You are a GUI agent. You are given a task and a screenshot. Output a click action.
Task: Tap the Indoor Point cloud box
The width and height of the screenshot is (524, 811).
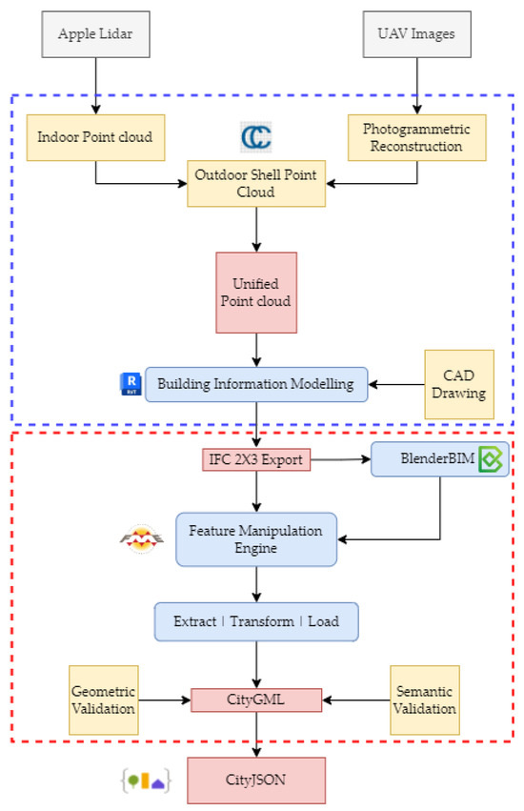coord(95,137)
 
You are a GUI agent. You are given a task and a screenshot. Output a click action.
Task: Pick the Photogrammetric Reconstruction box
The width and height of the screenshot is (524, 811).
coord(417,137)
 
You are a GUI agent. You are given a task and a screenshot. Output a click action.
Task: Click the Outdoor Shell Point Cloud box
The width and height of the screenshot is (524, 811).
coord(254,182)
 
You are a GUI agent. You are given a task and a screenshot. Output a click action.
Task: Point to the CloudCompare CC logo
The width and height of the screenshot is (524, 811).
coord(255,135)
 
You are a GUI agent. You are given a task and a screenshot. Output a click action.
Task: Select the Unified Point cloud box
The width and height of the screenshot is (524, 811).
coord(256,293)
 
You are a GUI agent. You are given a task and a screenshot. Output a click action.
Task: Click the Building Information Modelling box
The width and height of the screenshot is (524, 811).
coord(255,384)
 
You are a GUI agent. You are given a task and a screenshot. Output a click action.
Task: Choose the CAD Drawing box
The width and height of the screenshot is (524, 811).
coord(459,385)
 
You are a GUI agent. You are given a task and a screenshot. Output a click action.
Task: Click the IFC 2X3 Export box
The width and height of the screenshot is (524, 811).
coord(256,460)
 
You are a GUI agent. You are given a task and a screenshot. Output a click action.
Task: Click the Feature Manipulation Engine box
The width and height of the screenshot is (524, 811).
coord(255,538)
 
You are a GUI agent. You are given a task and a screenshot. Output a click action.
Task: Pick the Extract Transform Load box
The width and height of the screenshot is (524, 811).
coord(256,621)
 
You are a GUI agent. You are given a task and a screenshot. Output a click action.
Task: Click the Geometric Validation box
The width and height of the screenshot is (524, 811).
coord(104,700)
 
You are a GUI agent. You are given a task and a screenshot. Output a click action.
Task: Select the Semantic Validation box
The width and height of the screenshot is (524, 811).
coord(425,700)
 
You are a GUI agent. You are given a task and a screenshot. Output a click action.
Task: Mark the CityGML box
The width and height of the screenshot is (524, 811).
coord(256,700)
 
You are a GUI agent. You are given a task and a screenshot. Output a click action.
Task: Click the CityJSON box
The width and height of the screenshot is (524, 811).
coord(256,779)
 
